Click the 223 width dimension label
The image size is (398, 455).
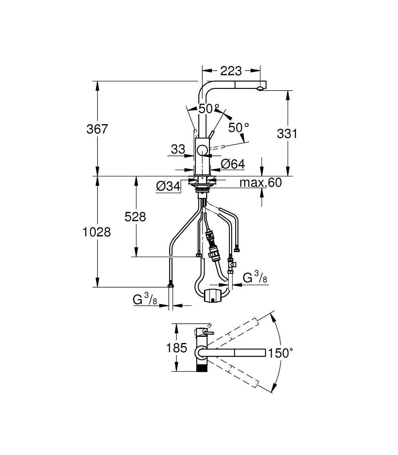(x=231, y=71)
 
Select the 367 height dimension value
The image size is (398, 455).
(x=97, y=129)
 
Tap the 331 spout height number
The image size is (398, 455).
(x=287, y=134)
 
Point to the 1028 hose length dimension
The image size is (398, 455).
(x=97, y=232)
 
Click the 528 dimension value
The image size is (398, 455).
(x=135, y=217)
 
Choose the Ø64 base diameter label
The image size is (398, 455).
(x=233, y=164)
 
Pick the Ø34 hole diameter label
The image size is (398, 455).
(x=168, y=186)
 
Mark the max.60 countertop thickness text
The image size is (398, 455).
(x=261, y=183)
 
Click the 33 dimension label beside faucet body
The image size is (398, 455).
(x=178, y=149)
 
